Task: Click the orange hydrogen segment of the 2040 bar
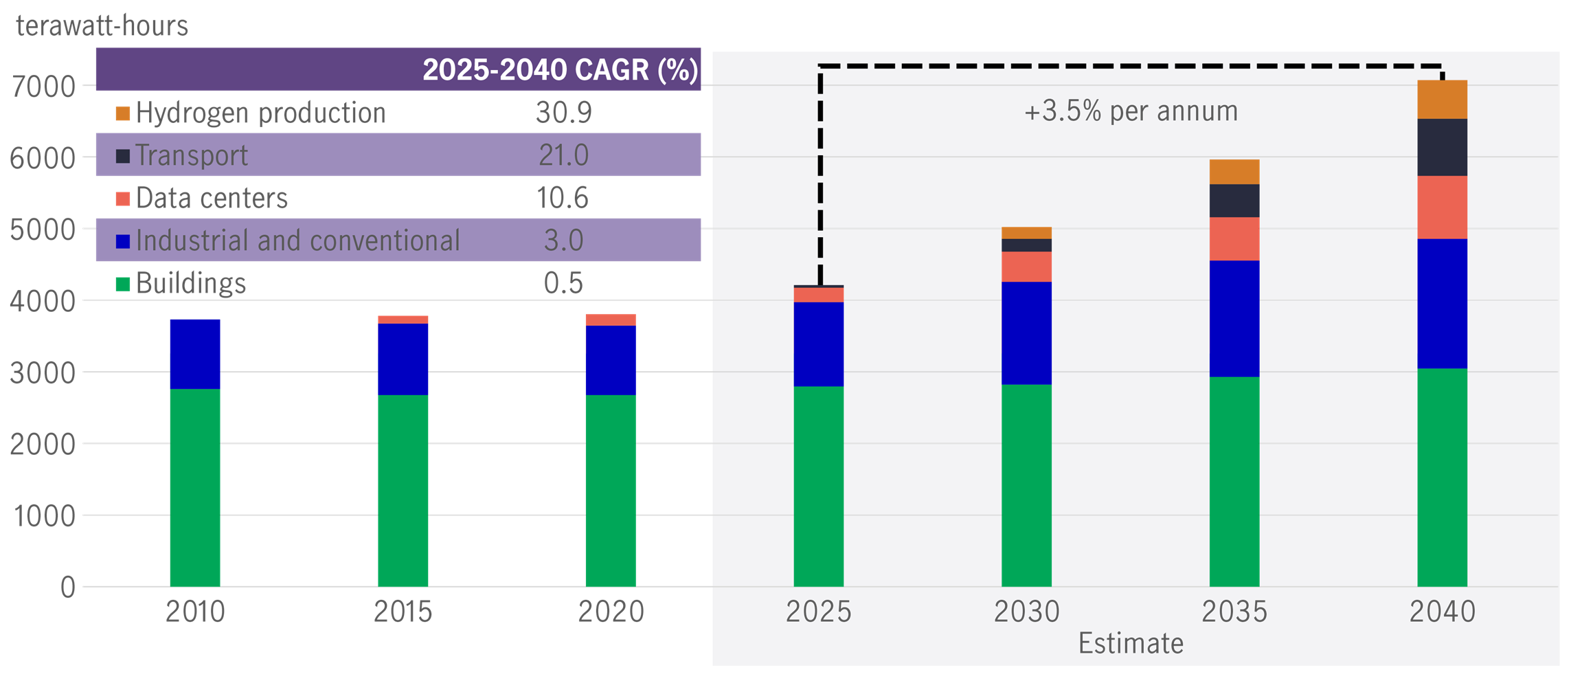[1442, 99]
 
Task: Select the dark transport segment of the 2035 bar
[1234, 201]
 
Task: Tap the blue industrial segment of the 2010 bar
[195, 353]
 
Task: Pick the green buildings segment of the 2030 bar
[1026, 485]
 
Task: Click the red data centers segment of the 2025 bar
[818, 295]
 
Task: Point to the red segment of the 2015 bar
[403, 320]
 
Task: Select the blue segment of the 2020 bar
[610, 360]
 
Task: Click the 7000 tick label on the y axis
[43, 87]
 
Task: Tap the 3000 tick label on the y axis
[43, 373]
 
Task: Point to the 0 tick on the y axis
[67, 587]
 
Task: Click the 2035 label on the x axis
[1234, 612]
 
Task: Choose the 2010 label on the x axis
[195, 612]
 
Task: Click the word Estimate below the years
[1131, 644]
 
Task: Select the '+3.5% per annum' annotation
[1131, 111]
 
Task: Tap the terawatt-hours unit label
[102, 26]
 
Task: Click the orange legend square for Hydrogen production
[123, 113]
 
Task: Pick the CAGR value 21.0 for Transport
[563, 155]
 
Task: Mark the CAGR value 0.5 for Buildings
[563, 283]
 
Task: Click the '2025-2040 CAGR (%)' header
[560, 69]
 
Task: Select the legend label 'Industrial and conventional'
[297, 240]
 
